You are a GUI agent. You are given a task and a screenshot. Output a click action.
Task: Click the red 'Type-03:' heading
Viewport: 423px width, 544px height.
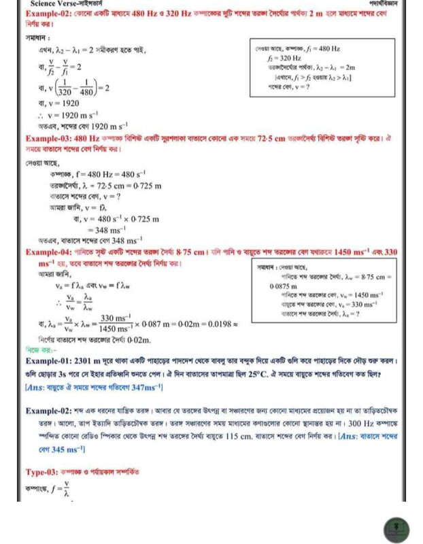tap(44, 471)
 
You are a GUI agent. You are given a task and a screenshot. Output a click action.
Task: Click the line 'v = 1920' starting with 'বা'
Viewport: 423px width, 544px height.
tap(59, 104)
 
